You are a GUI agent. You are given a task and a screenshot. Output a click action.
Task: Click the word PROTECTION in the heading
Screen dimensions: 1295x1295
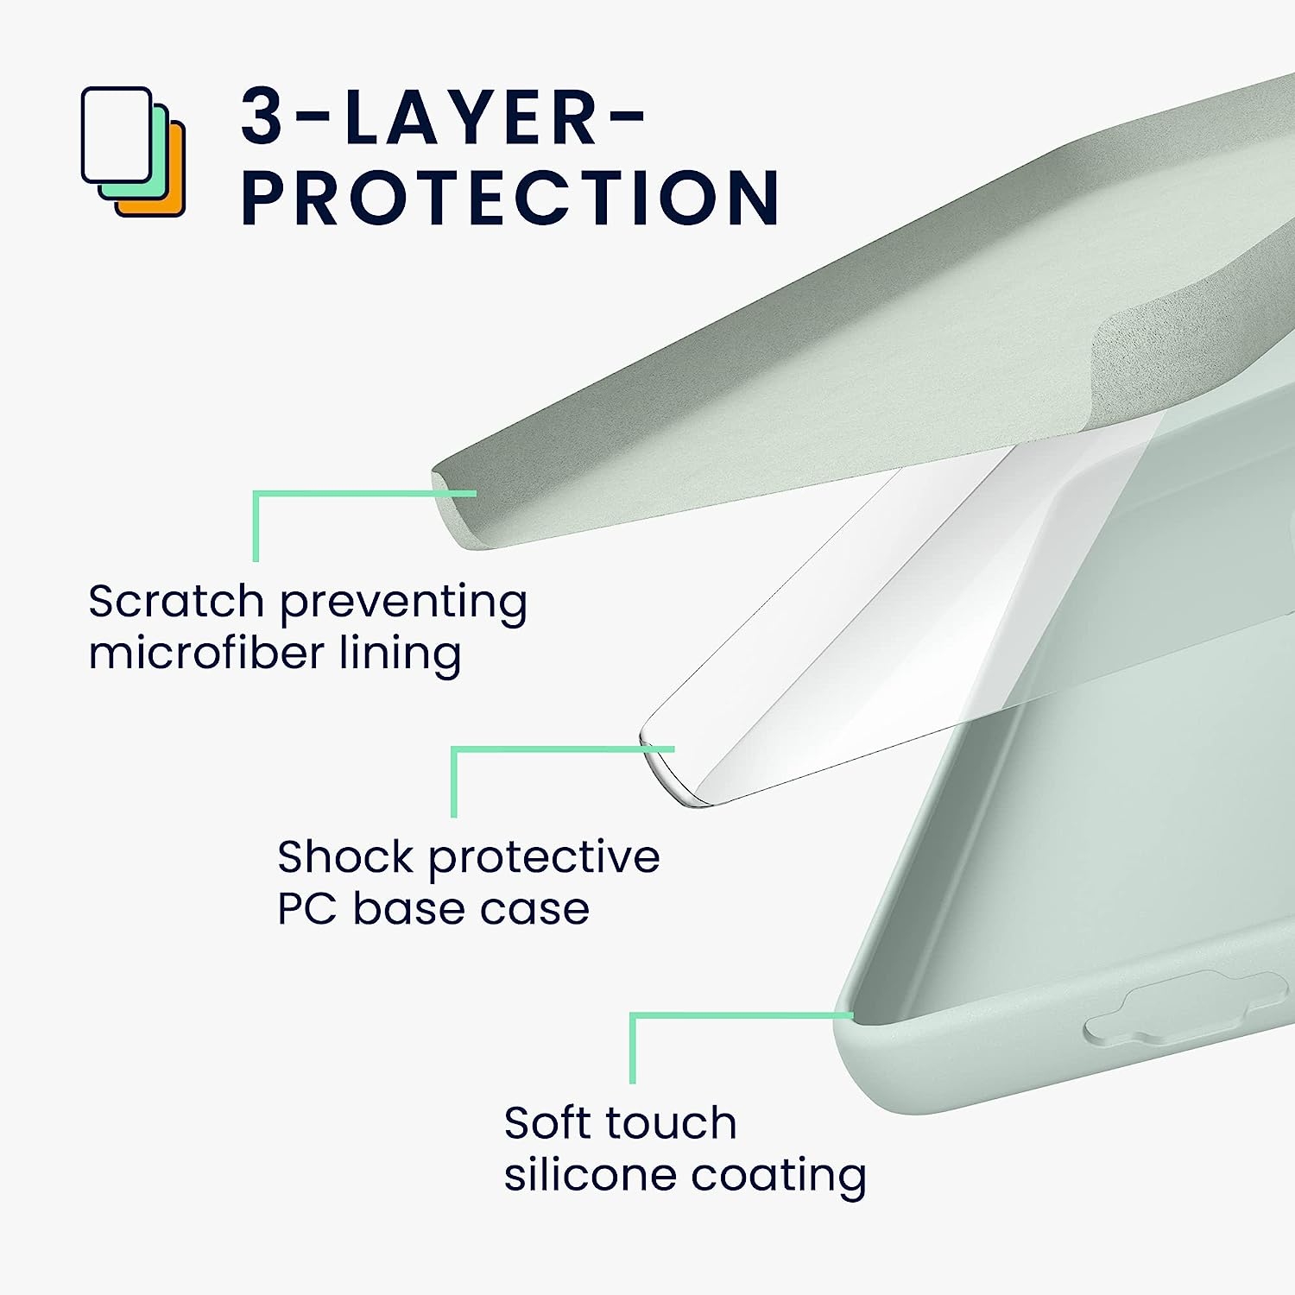click(x=511, y=198)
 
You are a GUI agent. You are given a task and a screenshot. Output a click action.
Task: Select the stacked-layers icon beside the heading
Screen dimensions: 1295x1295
click(x=134, y=151)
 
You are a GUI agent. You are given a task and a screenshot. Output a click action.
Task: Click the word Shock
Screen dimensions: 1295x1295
click(x=345, y=856)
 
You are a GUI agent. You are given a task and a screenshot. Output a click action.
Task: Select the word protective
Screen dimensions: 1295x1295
click(x=545, y=858)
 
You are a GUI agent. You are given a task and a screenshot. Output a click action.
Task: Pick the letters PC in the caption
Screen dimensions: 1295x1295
click(x=306, y=908)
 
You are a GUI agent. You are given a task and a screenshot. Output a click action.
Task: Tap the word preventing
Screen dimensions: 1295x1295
click(x=403, y=603)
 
